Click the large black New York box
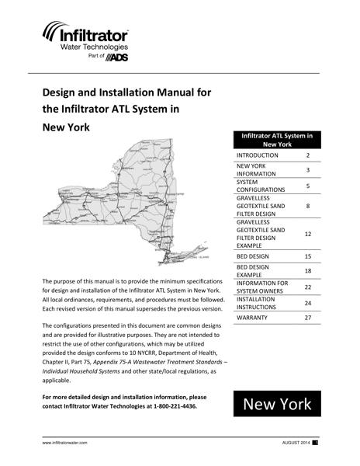pyautogui.click(x=277, y=405)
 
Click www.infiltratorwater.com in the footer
pyautogui.click(x=64, y=443)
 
